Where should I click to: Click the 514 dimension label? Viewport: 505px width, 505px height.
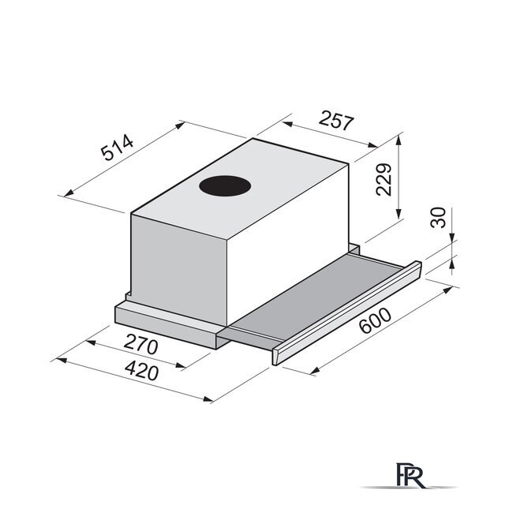pyautogui.click(x=118, y=148)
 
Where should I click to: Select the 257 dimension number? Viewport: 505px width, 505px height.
pyautogui.click(x=336, y=120)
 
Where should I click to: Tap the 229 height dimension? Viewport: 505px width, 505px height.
pyautogui.click(x=383, y=179)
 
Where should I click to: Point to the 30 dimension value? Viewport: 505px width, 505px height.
pyautogui.click(x=438, y=218)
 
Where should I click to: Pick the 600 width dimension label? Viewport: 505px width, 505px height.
pyautogui.click(x=376, y=320)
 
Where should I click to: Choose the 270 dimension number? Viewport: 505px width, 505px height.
pyautogui.click(x=140, y=344)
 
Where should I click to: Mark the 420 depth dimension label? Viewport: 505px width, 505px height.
pyautogui.click(x=142, y=371)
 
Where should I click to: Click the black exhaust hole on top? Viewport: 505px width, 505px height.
pyautogui.click(x=225, y=186)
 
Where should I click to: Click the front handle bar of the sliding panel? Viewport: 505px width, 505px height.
pyautogui.click(x=346, y=313)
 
